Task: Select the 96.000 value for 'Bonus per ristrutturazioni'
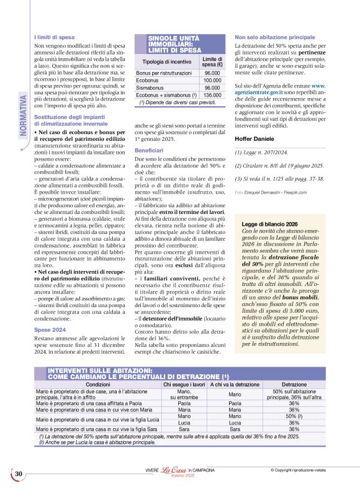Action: pyautogui.click(x=212, y=73)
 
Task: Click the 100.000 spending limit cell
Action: pyautogui.click(x=212, y=81)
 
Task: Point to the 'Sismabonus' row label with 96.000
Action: pyautogui.click(x=152, y=88)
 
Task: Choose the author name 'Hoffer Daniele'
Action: pyautogui.click(x=254, y=138)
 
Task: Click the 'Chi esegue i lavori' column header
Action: pyautogui.click(x=184, y=385)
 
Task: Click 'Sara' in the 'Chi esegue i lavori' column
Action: pyautogui.click(x=184, y=429)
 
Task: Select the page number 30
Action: pyautogui.click(x=19, y=474)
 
